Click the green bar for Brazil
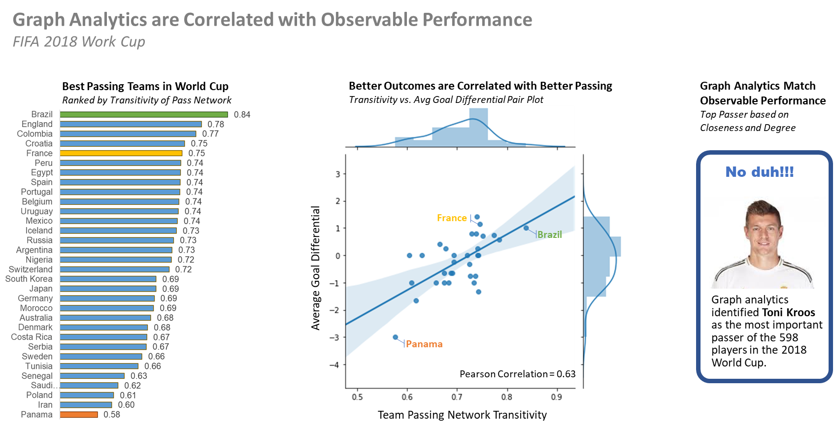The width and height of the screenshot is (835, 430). [144, 114]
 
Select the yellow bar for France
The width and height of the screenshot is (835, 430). [121, 153]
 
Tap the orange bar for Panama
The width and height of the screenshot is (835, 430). [79, 414]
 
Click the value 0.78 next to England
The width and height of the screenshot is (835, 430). [216, 124]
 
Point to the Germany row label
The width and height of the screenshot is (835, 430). [35, 298]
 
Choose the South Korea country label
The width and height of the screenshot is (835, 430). [29, 279]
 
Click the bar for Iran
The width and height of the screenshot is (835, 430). [86, 405]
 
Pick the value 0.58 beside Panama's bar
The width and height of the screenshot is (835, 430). [112, 414]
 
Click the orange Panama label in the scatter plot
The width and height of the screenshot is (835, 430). [424, 344]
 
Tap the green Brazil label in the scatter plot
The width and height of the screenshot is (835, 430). [549, 234]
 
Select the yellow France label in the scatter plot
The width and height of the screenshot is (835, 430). [452, 218]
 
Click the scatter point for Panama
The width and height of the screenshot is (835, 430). [395, 337]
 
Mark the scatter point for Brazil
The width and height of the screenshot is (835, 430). [526, 228]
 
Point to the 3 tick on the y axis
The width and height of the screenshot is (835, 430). [338, 174]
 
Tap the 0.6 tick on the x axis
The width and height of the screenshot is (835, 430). [407, 397]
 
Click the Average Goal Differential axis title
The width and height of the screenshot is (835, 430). [316, 267]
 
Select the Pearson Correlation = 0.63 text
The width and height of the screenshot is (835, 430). [517, 374]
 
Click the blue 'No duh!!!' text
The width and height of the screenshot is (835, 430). [759, 172]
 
